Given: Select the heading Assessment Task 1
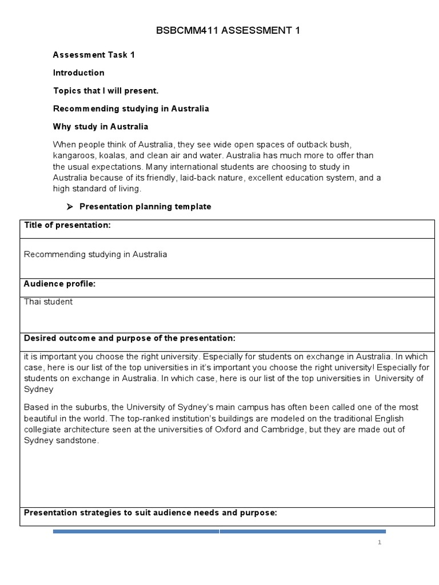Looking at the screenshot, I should point(94,55).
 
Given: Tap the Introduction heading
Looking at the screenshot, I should point(79,73).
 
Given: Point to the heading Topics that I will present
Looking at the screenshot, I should point(105,90).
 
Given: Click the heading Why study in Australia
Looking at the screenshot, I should point(101,126).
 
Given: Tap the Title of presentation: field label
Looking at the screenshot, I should point(67,225).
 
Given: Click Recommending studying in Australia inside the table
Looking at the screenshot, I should point(95,254).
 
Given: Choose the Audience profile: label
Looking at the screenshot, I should point(59,283).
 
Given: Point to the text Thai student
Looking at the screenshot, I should point(48,302).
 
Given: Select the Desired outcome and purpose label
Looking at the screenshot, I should point(129,338).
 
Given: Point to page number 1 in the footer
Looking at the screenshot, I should point(379,542).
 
